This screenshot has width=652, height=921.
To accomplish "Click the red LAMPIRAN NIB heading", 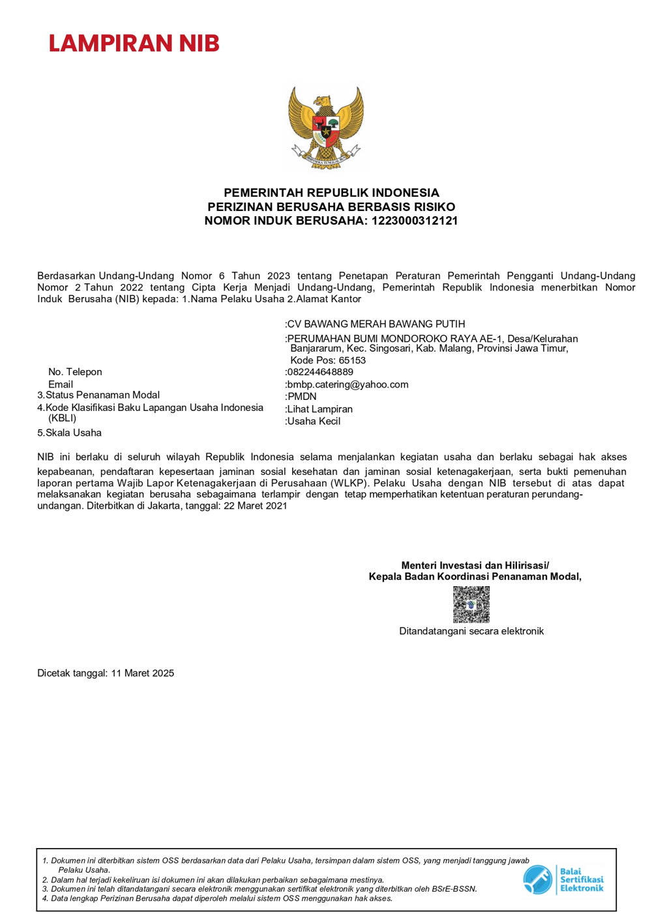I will (134, 44).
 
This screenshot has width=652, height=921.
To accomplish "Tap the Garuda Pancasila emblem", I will (325, 128).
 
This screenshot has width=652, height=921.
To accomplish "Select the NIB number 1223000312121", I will (415, 221).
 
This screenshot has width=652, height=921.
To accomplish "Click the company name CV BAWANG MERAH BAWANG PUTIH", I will (376, 324).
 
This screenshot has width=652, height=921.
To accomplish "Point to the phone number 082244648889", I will (320, 372).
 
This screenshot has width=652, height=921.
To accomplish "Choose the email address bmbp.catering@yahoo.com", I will (348, 384).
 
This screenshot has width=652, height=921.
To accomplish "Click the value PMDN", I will (302, 396).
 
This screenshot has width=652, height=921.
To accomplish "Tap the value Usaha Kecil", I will (314, 421).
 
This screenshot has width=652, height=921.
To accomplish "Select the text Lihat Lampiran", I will (319, 409).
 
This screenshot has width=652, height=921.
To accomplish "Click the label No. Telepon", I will (75, 372).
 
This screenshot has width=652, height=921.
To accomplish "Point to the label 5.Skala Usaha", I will (69, 432).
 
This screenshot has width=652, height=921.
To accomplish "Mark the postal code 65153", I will (352, 360).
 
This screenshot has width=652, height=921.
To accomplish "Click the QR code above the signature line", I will (471, 604).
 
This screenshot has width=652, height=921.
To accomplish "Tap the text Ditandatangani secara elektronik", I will (471, 631).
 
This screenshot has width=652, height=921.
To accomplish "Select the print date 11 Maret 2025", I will (143, 673).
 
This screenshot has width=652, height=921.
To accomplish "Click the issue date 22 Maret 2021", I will (256, 505).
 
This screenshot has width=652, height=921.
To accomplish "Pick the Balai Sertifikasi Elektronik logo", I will (563, 879).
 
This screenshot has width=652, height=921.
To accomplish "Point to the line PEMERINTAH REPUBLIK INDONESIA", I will (331, 193).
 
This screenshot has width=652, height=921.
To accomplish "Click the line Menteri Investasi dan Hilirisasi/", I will (475, 565).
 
